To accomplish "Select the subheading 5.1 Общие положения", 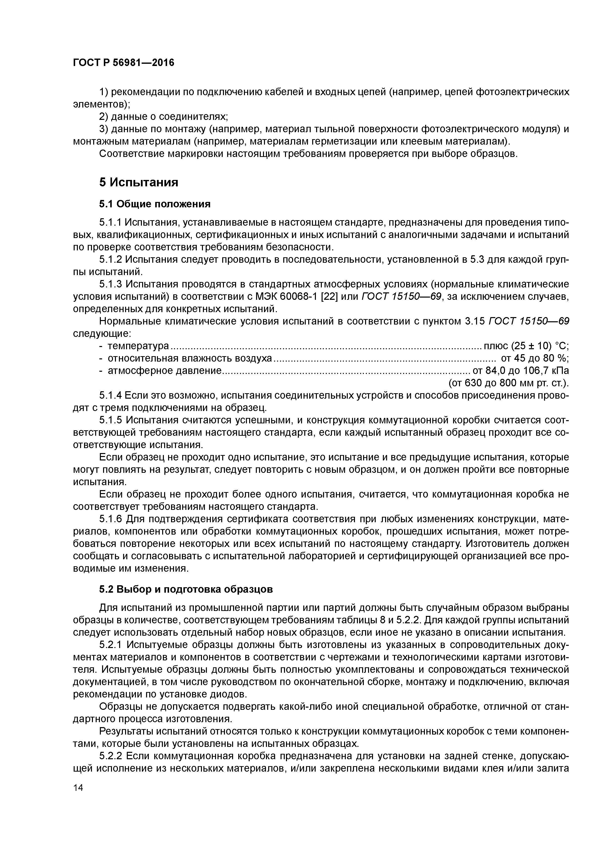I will pyautogui.click(x=154, y=204).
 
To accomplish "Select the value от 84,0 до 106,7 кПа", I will pyautogui.click(x=521, y=371).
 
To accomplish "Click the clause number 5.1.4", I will pyautogui.click(x=111, y=396).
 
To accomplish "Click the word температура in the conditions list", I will pyautogui.click(x=138, y=346).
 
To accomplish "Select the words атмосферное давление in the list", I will pyautogui.click(x=164, y=371).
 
